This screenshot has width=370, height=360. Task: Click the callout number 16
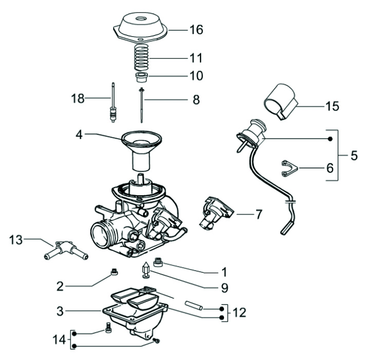pos(196,30)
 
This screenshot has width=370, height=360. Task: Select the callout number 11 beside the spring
pos(196,57)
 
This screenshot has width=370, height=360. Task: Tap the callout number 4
pos(79,135)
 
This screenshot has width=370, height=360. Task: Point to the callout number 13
pos(16,239)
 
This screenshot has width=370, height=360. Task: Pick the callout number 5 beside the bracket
pos(354,155)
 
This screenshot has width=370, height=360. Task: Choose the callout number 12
pos(239,312)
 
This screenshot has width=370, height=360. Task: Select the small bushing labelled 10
pos(142,78)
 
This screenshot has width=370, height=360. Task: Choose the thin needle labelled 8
pos(141,105)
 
